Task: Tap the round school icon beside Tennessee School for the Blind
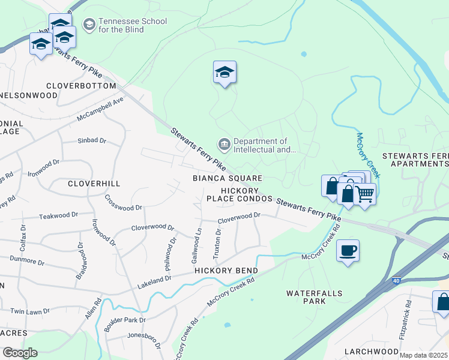tap(89, 24)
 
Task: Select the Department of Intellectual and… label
tap(265, 146)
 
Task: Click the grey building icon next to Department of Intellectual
tap(224, 144)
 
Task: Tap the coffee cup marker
tap(348, 250)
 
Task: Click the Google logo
tap(20, 352)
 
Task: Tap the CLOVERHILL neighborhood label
tap(94, 183)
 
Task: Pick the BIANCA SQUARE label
tap(227, 178)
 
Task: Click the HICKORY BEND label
tap(226, 271)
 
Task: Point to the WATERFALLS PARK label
tap(314, 297)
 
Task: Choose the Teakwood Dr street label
tap(58, 216)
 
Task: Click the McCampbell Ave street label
tap(100, 109)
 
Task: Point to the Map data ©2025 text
tap(424, 355)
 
